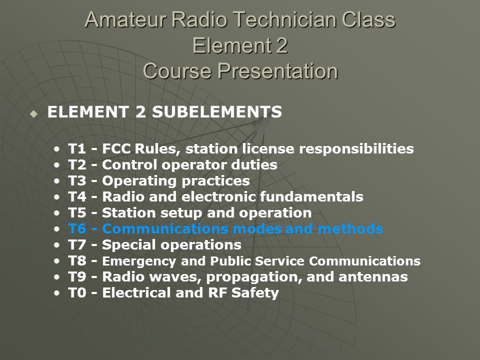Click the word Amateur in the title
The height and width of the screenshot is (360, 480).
tap(126, 19)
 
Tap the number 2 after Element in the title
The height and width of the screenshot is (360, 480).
tap(280, 45)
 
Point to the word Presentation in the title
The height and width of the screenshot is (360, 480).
tap(278, 71)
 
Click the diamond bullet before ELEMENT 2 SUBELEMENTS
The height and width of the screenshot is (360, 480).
tap(33, 114)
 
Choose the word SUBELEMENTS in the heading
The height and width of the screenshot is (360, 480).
tap(217, 111)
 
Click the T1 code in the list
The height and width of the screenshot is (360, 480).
tap(77, 149)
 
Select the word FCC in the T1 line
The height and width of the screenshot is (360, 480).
tap(116, 149)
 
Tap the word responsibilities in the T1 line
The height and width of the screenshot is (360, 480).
tap(356, 149)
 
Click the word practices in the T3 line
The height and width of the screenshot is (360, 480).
tap(215, 181)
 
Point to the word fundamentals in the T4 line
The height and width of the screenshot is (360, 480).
tap(311, 196)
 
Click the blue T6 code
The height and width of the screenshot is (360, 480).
tap(77, 228)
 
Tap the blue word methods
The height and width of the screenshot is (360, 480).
tap(350, 228)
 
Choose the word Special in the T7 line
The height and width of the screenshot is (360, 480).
tap(129, 245)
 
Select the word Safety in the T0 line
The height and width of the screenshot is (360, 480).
tap(255, 293)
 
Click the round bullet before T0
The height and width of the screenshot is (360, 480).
tap(56, 293)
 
